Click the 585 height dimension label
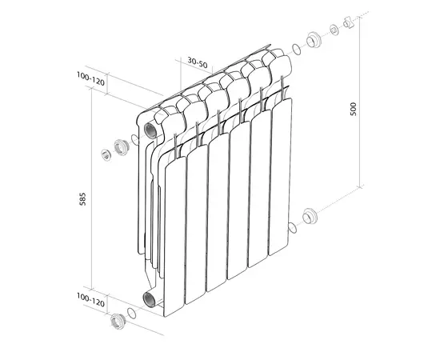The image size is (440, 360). (82, 199)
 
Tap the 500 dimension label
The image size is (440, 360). (353, 109)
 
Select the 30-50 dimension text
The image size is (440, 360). (198, 63)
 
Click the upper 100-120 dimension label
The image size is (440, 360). (90, 79)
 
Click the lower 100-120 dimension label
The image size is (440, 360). (90, 300)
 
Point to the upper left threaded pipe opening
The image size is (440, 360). (150, 130)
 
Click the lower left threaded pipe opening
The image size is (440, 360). (150, 299)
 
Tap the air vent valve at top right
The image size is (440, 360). (349, 22)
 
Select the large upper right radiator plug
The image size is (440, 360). (314, 40)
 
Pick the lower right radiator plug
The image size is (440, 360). (310, 216)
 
